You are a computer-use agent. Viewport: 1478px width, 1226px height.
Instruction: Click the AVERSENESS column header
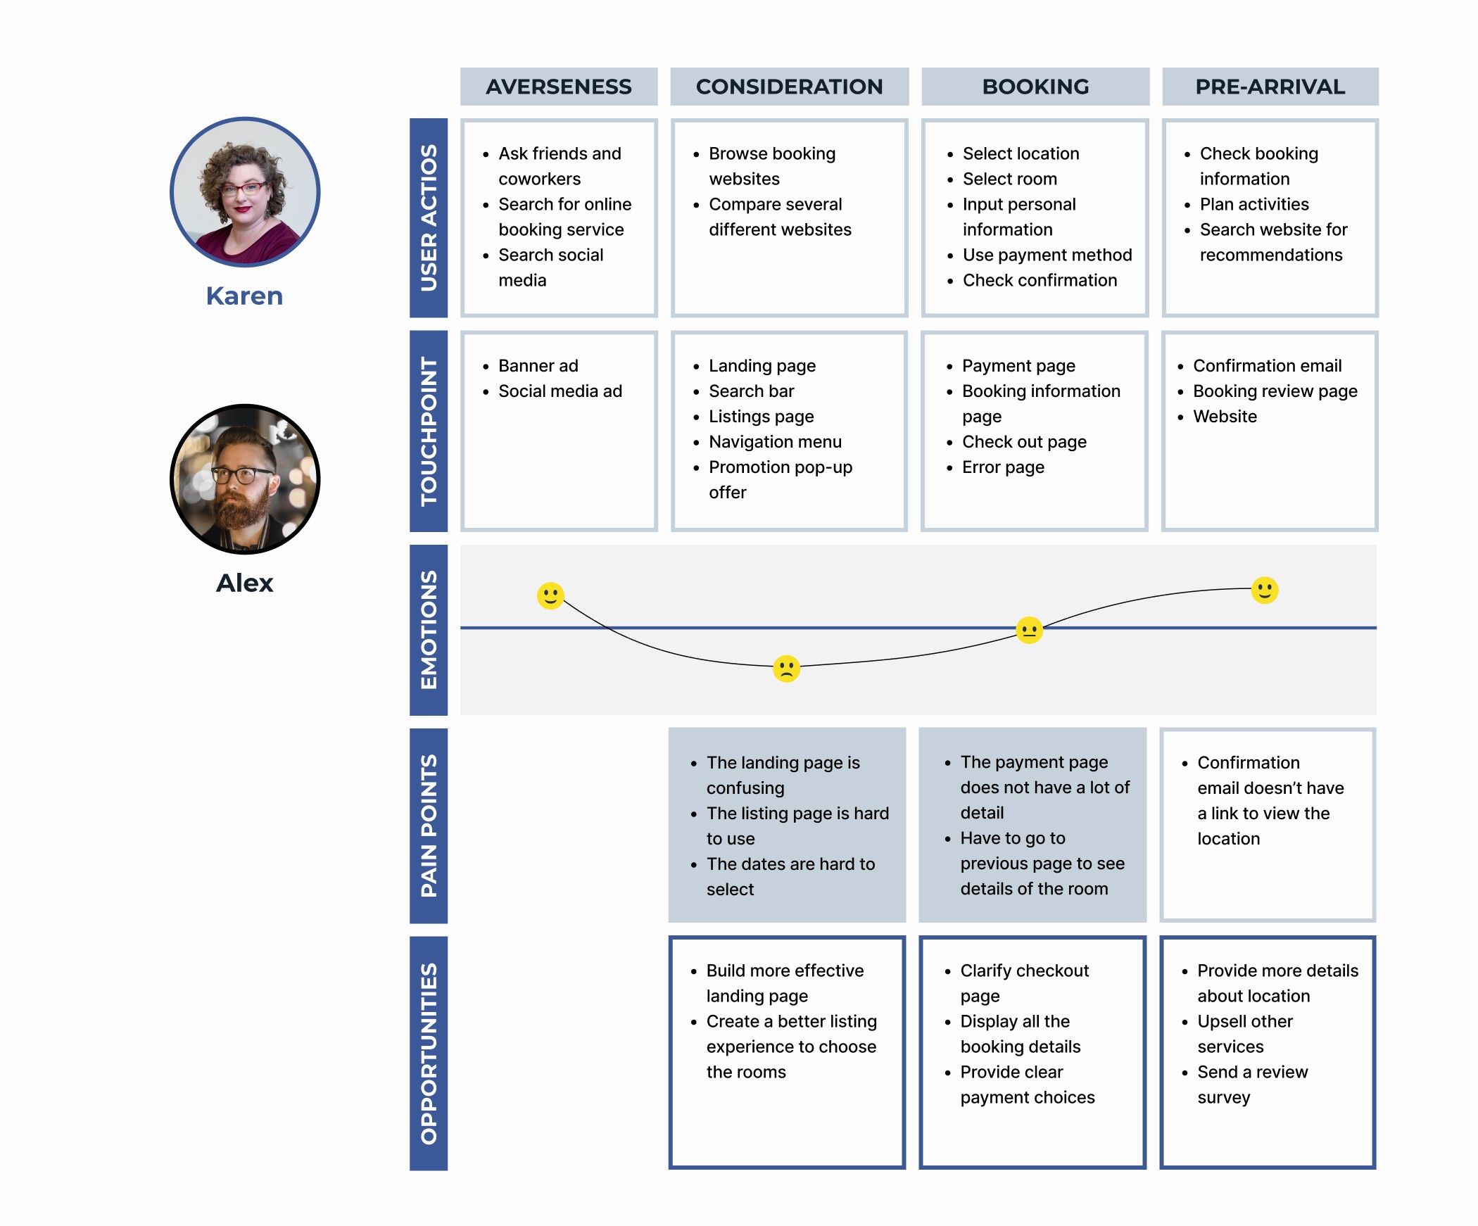(x=559, y=87)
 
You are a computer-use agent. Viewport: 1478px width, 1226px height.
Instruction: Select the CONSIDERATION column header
(x=789, y=87)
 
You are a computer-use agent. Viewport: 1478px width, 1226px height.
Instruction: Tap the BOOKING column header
(x=1035, y=87)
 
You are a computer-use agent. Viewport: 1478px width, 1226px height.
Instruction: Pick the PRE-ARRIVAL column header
(x=1270, y=87)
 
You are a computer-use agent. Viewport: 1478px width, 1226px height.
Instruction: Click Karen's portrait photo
(x=245, y=192)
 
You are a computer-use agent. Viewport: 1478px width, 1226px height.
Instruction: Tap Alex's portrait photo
(x=245, y=479)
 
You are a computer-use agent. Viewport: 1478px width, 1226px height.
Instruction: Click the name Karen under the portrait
(x=244, y=296)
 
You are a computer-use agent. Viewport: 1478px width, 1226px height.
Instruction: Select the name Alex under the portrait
(x=244, y=583)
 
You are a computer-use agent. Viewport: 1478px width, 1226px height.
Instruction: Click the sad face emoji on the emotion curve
(x=786, y=669)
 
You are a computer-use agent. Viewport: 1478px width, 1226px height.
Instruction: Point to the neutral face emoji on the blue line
(x=1029, y=630)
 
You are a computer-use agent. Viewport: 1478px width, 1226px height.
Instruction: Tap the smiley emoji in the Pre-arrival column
(x=1264, y=590)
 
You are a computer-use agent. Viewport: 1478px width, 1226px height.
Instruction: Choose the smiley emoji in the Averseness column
(x=550, y=595)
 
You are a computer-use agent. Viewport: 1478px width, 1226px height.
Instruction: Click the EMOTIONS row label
(x=429, y=630)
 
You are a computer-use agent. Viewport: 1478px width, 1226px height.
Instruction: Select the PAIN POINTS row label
(x=429, y=826)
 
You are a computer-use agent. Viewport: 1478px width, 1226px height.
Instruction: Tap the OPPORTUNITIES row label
(x=429, y=1054)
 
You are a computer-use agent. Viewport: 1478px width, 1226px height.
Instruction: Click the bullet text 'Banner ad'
(x=538, y=366)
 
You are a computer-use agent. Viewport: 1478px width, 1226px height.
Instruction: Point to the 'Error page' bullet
(x=1003, y=467)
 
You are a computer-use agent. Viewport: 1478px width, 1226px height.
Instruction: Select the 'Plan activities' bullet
(x=1254, y=204)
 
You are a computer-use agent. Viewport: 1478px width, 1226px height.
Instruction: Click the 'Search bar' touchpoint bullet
(x=751, y=391)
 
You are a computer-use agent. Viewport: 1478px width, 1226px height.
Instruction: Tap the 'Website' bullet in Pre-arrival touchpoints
(x=1225, y=417)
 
